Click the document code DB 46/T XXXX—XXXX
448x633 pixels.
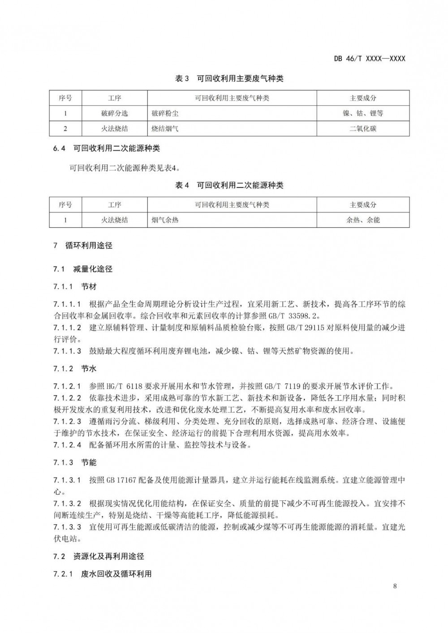coord(370,59)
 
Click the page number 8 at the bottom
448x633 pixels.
coord(395,586)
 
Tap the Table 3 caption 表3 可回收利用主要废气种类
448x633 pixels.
coord(229,79)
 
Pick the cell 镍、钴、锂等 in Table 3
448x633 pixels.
coord(363,113)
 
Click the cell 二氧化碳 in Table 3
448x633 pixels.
coord(363,128)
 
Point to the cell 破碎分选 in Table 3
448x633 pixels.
coord(115,113)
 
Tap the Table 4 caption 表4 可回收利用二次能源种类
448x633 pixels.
coord(229,185)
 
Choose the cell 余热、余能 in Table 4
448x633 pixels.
coord(363,220)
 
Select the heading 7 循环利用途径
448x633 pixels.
coord(82,245)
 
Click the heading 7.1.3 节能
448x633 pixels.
coord(75,462)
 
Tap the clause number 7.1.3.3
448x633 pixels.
coord(67,527)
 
